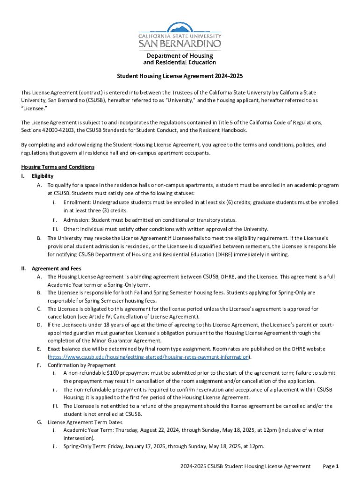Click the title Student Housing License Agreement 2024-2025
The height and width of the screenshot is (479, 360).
[180, 76]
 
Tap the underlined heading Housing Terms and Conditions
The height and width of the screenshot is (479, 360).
[58, 167]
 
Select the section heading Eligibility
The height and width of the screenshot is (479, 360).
[43, 176]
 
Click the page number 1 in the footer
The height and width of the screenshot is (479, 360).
[337, 466]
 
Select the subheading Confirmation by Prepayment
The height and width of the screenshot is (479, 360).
[82, 365]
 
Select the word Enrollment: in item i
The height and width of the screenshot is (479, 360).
[77, 203]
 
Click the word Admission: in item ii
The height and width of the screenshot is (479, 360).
[76, 220]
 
